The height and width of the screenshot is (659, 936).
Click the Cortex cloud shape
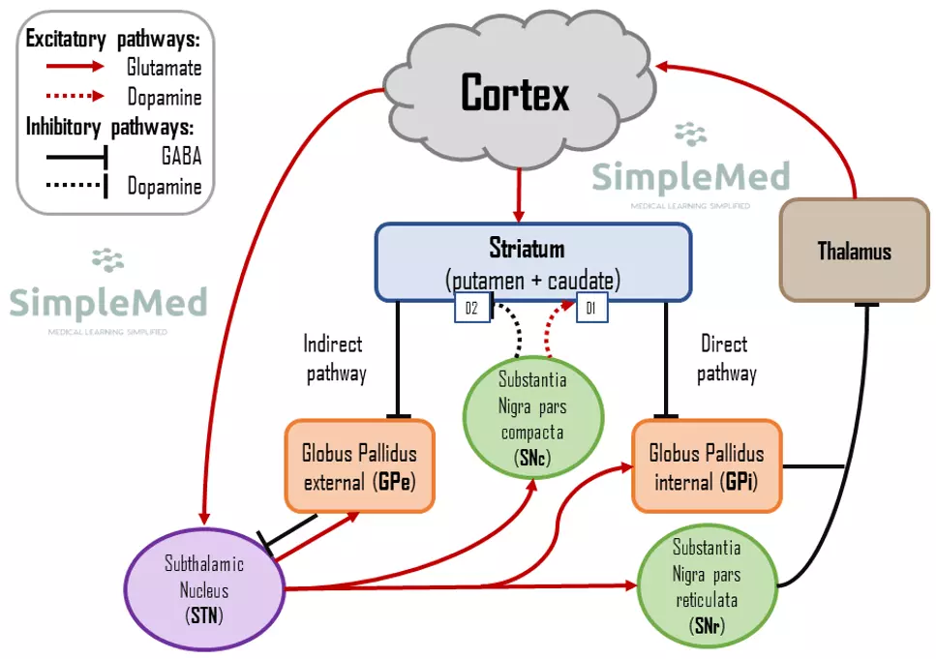(x=514, y=94)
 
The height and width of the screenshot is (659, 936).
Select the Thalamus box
(x=854, y=251)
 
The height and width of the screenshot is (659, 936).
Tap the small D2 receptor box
(x=471, y=309)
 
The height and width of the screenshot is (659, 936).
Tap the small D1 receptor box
(x=590, y=309)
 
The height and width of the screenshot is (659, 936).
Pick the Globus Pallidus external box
(x=359, y=465)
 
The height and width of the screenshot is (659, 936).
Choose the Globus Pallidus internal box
(x=706, y=465)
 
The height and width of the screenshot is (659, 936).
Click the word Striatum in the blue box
(x=527, y=250)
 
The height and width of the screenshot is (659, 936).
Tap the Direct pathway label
(x=725, y=359)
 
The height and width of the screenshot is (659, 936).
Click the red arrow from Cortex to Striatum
(x=521, y=194)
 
